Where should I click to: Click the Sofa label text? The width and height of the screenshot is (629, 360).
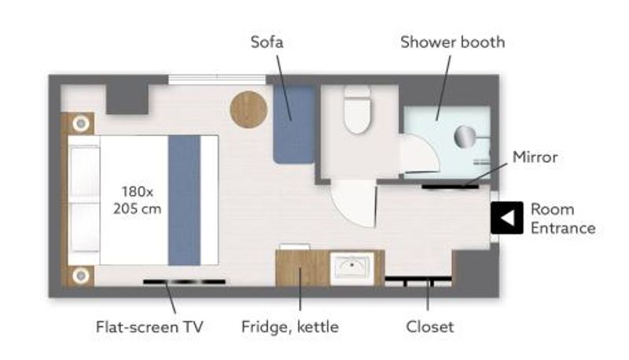(267, 42)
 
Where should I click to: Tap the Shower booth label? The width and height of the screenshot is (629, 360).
(453, 42)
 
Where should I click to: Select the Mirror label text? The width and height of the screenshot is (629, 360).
(535, 156)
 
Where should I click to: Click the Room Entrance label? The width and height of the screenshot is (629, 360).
(563, 219)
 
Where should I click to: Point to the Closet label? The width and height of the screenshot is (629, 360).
(429, 327)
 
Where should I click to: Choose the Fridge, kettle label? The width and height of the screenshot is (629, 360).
(289, 327)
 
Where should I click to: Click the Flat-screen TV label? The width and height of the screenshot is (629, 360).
(149, 327)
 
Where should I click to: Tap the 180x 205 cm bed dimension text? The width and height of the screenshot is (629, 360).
(137, 200)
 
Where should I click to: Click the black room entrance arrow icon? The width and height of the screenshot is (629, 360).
(506, 218)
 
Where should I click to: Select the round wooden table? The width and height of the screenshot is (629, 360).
(248, 109)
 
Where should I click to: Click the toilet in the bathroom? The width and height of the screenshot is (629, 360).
(357, 109)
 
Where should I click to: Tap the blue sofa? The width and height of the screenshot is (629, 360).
(293, 124)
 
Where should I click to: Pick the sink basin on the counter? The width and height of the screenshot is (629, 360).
(351, 266)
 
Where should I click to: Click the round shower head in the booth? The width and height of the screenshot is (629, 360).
(465, 136)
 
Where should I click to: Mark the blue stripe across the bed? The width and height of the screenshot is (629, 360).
(184, 200)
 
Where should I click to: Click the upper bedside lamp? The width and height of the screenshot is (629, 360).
(81, 123)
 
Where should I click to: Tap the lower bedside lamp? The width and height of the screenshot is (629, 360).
(81, 276)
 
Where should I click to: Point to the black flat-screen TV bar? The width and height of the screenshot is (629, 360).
(184, 282)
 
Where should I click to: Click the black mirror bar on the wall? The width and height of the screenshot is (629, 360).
(450, 186)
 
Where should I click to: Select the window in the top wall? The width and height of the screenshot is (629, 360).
(217, 79)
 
